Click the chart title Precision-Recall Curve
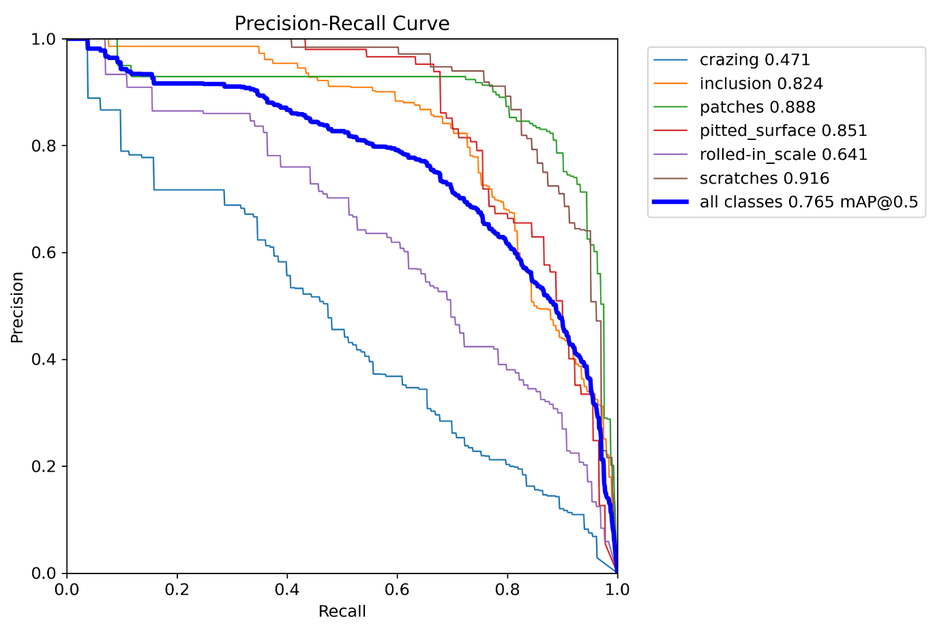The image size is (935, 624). [342, 23]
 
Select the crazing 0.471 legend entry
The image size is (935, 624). [754, 60]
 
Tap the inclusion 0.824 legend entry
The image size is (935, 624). [761, 84]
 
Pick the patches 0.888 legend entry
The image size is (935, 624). [757, 107]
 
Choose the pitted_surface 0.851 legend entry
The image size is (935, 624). [783, 131]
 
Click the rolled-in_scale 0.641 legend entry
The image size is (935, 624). [783, 155]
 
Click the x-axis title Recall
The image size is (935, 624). [342, 611]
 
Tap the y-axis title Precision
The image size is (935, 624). [18, 307]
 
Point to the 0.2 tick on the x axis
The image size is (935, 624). [177, 589]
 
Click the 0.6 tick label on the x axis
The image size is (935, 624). [397, 589]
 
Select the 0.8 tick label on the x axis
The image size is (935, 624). [507, 589]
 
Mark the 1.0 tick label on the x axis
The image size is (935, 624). [617, 589]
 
